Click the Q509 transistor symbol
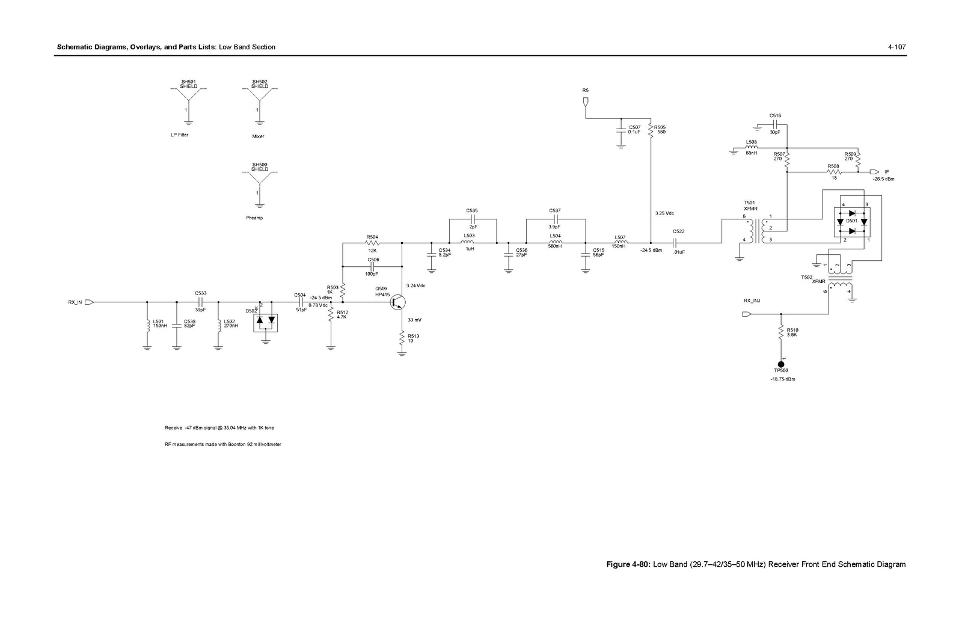click(397, 302)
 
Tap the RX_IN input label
click(75, 302)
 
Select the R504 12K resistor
click(372, 243)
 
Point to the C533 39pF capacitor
click(201, 302)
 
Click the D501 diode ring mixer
click(852, 222)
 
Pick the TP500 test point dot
click(781, 364)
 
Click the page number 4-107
click(896, 47)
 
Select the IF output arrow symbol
click(874, 171)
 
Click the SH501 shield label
click(188, 84)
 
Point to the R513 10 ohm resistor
click(402, 339)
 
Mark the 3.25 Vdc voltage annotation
click(664, 213)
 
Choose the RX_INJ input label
click(752, 300)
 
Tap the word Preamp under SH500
click(254, 218)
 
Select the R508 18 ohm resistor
click(833, 172)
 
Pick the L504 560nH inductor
click(555, 243)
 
